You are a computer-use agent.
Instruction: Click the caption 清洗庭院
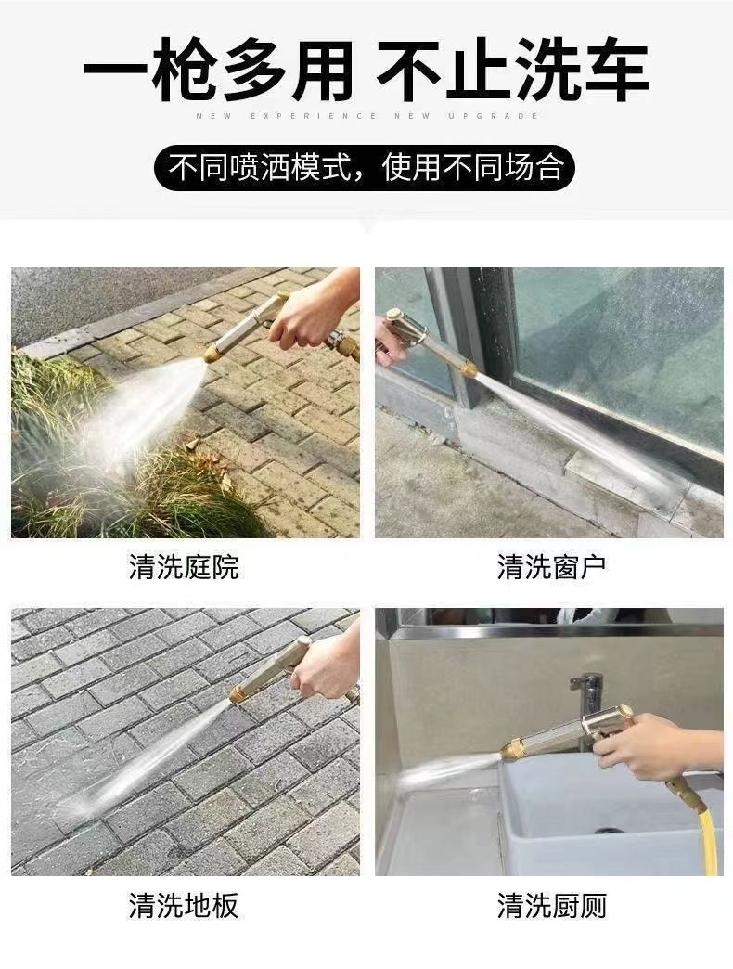[x=184, y=567]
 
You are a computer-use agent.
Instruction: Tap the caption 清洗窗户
[x=551, y=567]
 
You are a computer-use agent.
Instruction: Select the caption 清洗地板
[x=184, y=905]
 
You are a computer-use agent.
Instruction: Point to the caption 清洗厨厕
[x=551, y=905]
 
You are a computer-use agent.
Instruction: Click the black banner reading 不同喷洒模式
[x=365, y=167]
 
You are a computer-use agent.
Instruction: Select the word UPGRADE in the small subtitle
[x=494, y=116]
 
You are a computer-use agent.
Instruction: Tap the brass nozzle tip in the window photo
[x=469, y=370]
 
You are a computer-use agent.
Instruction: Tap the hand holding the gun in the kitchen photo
[x=654, y=744]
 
